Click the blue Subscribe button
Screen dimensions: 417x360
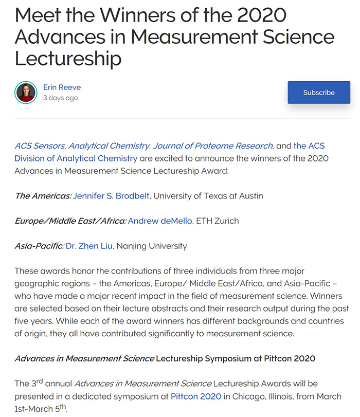point(318,93)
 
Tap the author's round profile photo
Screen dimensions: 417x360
point(26,93)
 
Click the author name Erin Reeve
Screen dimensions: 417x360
point(62,87)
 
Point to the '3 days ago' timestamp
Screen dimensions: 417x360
point(60,98)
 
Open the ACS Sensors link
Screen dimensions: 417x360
point(40,146)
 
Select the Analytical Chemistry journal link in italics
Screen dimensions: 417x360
point(109,146)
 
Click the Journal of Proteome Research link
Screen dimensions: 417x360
point(213,146)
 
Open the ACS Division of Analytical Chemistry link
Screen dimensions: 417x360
point(76,158)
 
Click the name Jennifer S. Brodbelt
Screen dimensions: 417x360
point(112,196)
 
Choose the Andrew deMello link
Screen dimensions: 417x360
point(160,221)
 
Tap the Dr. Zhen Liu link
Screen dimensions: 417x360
point(89,246)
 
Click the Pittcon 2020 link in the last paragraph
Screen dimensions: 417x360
point(196,396)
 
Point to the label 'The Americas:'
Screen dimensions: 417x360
point(43,196)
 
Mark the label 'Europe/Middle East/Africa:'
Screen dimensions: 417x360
point(70,221)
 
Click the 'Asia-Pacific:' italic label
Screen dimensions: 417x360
point(39,246)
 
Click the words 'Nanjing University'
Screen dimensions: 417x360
point(152,246)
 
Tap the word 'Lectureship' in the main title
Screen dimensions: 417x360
point(68,58)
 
